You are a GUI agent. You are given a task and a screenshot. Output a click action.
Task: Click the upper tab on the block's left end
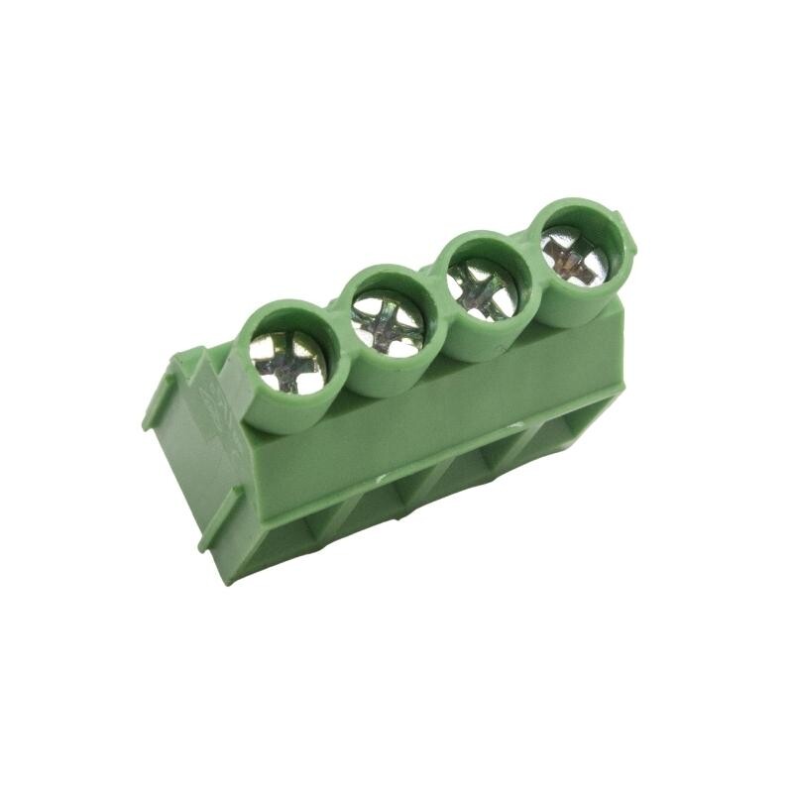click(x=164, y=396)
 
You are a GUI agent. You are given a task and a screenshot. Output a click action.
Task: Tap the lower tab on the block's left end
click(x=223, y=515)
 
